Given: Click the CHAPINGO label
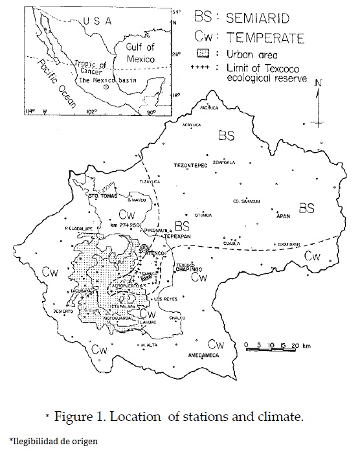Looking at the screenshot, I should (x=188, y=269).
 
